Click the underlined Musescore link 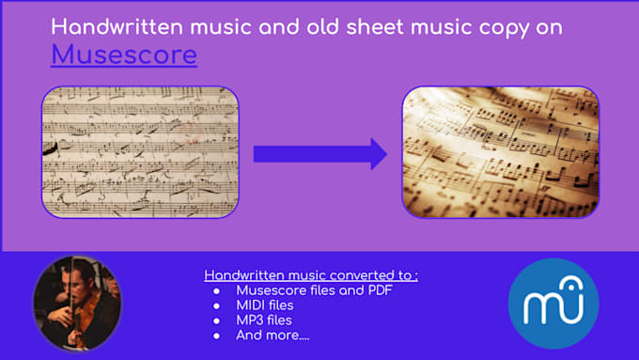pos(124,55)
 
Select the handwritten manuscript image pos(140,151)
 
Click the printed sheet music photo pos(500,151)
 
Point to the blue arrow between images pos(320,153)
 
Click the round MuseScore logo pos(553,304)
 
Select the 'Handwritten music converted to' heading pos(311,275)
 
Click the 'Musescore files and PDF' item pos(314,290)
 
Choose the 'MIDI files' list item pos(265,305)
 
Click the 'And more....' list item pos(273,334)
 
